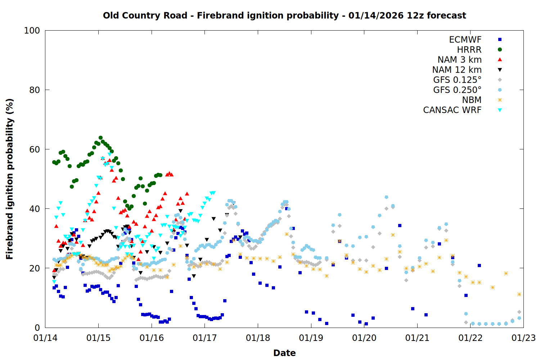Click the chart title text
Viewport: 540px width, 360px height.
tap(284, 15)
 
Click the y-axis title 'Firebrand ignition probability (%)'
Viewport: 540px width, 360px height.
tap(9, 179)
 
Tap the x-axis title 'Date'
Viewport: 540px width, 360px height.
tap(284, 353)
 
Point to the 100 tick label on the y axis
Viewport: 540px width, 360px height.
tap(32, 31)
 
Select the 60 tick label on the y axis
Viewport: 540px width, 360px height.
tap(34, 149)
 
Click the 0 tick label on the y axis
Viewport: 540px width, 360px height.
tap(37, 328)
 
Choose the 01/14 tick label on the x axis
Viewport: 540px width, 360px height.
tap(45, 338)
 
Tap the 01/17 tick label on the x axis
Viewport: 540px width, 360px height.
tap(205, 338)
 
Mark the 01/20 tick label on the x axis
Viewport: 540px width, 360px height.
tap(364, 338)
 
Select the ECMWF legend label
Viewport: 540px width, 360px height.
tap(465, 40)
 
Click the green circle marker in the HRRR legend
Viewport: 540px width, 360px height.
tap(500, 50)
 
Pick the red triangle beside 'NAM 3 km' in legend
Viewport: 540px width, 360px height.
tap(500, 59)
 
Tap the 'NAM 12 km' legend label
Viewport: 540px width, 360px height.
tap(457, 70)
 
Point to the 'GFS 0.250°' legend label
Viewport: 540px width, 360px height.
tap(457, 90)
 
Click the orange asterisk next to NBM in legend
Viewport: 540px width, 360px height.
tap(500, 100)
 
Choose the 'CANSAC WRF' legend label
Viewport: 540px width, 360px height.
tap(452, 110)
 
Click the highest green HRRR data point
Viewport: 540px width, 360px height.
tap(101, 138)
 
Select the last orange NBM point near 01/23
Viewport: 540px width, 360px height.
tap(519, 294)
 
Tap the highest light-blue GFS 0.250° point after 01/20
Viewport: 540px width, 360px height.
tap(386, 197)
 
